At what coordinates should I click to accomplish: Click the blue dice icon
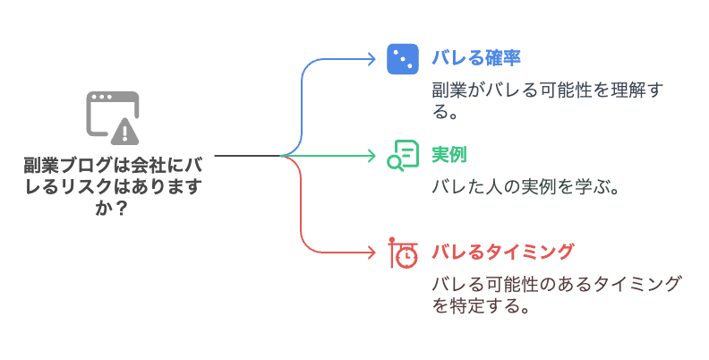[x=402, y=59]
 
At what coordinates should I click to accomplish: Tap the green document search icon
[x=402, y=155]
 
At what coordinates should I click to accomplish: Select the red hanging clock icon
[x=402, y=253]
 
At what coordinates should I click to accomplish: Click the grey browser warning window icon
[x=113, y=117]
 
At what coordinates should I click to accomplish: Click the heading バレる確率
[x=475, y=58]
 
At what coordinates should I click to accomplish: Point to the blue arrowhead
[x=372, y=59]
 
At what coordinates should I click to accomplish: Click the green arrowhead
[x=372, y=156]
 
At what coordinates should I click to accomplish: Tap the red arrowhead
[x=372, y=253]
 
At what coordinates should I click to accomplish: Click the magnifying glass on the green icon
[x=395, y=162]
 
